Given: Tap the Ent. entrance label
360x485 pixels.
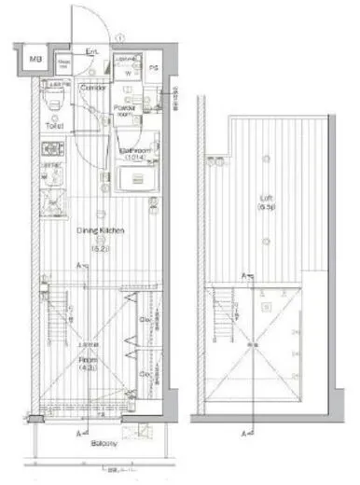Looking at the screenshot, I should [x=93, y=52].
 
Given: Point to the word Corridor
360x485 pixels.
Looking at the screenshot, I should [x=91, y=87].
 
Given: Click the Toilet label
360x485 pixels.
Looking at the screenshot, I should [x=53, y=124].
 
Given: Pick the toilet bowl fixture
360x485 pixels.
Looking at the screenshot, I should [x=55, y=98].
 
